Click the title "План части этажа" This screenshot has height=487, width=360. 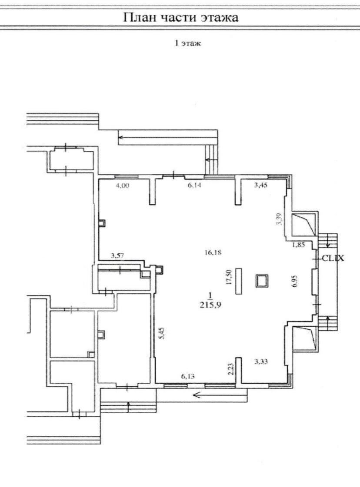pyautogui.click(x=181, y=17)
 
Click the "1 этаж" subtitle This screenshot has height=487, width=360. pyautogui.click(x=187, y=43)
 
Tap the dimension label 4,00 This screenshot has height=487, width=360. pyautogui.click(x=122, y=186)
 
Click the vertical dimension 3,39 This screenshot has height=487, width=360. pyautogui.click(x=281, y=219)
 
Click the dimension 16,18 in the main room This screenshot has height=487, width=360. pyautogui.click(x=213, y=252)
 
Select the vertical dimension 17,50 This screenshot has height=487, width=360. pyautogui.click(x=230, y=277)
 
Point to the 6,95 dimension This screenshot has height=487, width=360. pyautogui.click(x=295, y=281)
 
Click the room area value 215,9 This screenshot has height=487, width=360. pyautogui.click(x=210, y=305)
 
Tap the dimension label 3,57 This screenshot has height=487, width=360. pyautogui.click(x=118, y=256)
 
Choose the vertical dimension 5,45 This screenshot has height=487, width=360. pyautogui.click(x=161, y=333)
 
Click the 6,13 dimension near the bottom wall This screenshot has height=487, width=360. pyautogui.click(x=188, y=376)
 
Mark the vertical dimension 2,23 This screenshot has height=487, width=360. pyautogui.click(x=231, y=369)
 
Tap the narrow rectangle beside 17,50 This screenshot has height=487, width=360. pyautogui.click(x=239, y=281)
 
